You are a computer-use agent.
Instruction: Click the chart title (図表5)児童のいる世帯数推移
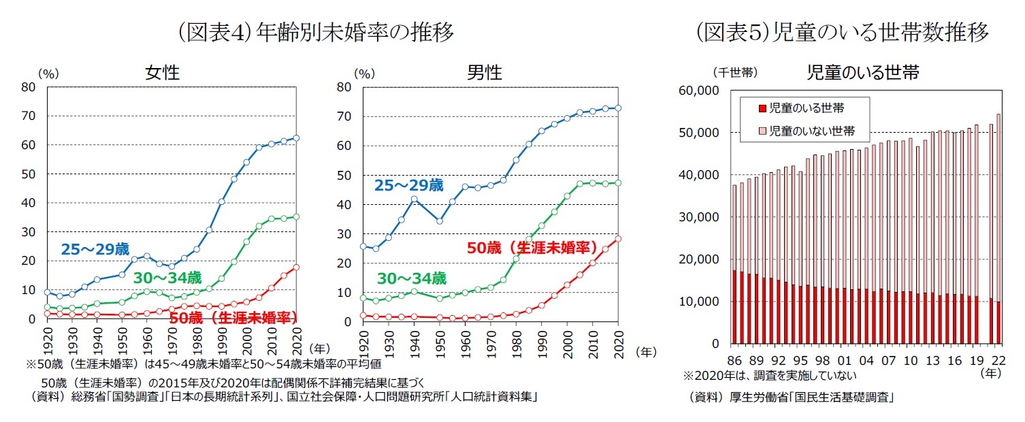tap(842, 33)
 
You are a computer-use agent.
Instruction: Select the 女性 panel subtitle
tap(163, 72)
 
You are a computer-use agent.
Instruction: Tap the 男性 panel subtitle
tap(485, 72)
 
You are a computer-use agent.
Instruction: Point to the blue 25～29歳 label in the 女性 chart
tap(95, 249)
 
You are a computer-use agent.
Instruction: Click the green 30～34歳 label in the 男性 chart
tap(412, 278)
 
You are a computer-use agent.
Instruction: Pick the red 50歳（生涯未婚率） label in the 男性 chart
tap(532, 248)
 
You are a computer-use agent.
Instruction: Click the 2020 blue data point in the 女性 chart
tap(297, 137)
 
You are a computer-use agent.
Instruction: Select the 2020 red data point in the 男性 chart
tap(618, 239)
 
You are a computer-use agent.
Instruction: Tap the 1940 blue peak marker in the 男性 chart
tap(414, 199)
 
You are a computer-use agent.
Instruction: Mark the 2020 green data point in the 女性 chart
tap(297, 216)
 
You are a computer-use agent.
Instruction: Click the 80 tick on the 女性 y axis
tap(29, 86)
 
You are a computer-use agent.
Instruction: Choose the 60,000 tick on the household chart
tap(700, 91)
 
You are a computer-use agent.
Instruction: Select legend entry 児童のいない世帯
tap(811, 131)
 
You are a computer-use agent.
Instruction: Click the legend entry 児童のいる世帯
tap(807, 108)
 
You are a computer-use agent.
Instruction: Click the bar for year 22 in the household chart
tap(998, 229)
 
